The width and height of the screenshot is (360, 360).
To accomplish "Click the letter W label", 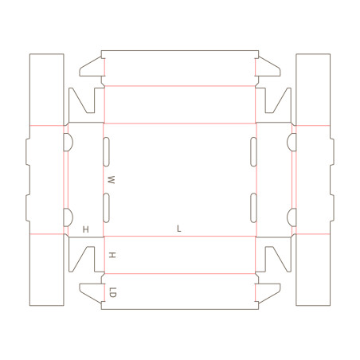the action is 111,180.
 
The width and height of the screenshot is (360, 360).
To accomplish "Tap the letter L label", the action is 179,229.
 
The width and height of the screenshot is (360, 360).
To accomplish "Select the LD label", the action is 113,292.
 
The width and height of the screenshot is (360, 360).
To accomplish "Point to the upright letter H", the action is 86,229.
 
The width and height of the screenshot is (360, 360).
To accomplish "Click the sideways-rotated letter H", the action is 112,256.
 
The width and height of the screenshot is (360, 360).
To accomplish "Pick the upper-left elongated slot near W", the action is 106,152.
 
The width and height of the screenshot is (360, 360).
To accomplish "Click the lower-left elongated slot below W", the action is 106,208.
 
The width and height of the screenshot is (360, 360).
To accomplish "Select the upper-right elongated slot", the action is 253,152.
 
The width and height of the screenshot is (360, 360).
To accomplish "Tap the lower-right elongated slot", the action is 253,208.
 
